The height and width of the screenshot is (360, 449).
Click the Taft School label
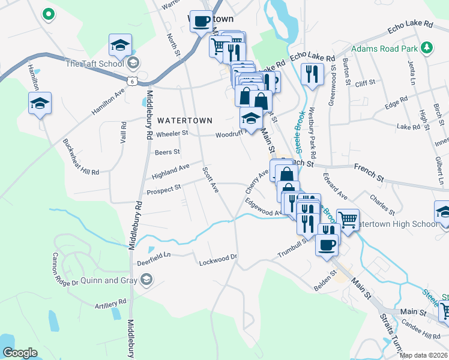tap(94, 64)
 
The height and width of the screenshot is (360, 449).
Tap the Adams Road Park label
tap(384, 48)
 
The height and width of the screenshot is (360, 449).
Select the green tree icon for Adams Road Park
tap(427, 47)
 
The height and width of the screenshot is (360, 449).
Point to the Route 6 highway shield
tap(137, 80)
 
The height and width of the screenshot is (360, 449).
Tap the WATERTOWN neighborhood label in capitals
tap(185, 121)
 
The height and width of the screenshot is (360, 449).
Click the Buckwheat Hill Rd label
tap(81, 157)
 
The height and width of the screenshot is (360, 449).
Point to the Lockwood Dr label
tap(219, 259)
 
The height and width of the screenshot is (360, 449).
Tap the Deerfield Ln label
tap(154, 254)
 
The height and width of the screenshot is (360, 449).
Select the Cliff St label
tap(364, 82)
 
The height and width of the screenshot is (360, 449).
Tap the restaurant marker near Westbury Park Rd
tap(312, 75)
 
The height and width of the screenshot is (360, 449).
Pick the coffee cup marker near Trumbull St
tap(327, 244)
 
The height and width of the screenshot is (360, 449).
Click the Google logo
tap(20, 352)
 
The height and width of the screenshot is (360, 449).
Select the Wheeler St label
tap(172, 134)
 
